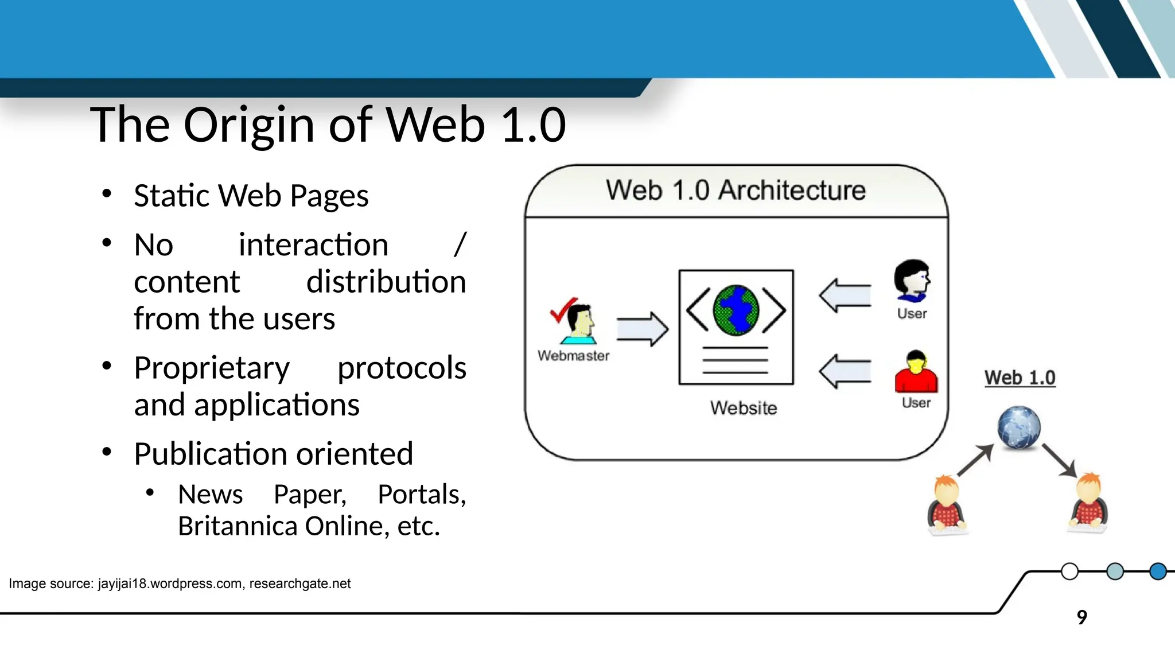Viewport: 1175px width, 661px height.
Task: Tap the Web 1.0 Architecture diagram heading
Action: point(736,190)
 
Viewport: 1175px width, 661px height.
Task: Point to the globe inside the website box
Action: point(736,310)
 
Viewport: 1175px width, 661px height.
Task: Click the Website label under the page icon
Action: point(743,408)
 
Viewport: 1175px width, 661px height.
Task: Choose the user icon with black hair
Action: point(911,280)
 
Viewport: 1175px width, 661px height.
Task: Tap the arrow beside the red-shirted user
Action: point(845,372)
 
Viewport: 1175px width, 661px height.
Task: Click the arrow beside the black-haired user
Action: point(845,296)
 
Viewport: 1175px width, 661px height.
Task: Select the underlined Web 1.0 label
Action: point(1020,378)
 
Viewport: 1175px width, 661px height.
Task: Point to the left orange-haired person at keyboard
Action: point(946,505)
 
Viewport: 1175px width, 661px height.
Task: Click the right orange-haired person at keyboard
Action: point(1088,503)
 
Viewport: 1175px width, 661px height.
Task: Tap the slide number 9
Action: point(1081,617)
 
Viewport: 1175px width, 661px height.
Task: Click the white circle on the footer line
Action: point(1069,571)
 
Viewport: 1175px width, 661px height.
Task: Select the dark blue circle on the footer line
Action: point(1158,571)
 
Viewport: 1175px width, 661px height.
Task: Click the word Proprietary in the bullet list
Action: point(212,368)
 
